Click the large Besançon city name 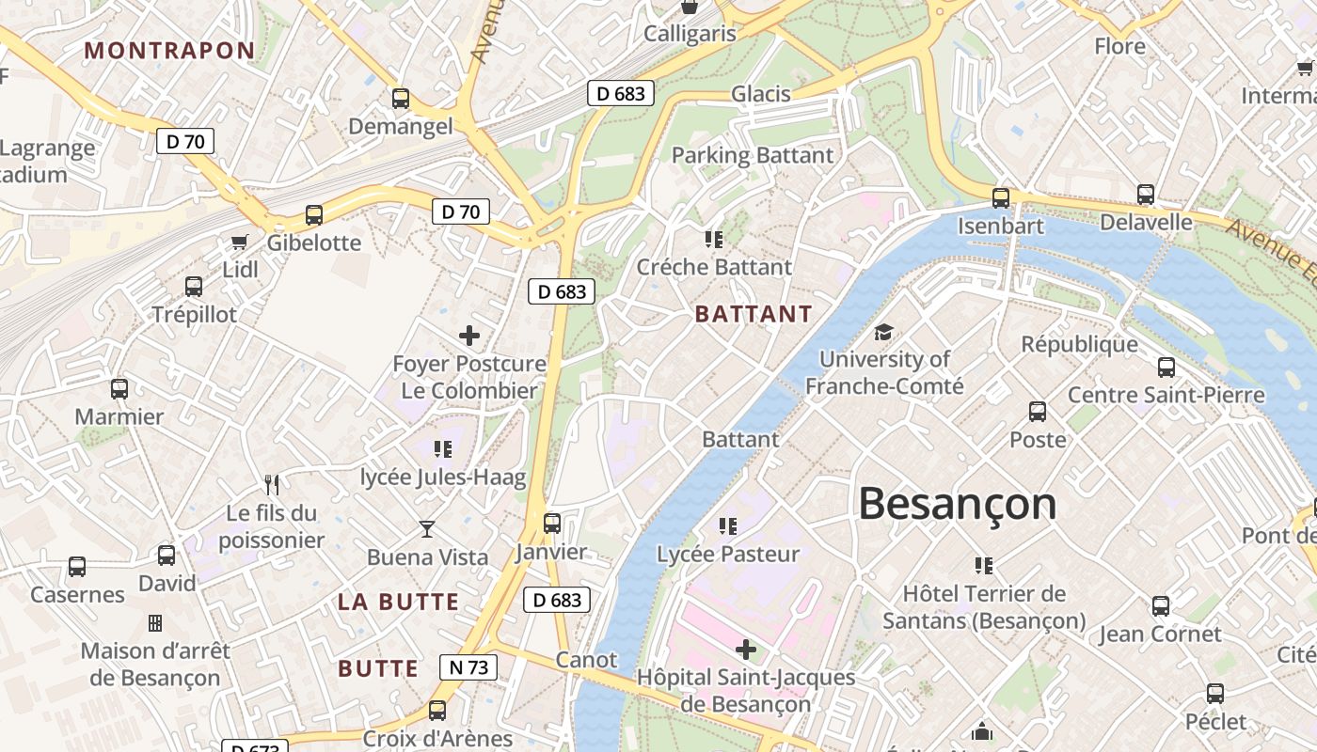pos(957,505)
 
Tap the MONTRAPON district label pos(169,51)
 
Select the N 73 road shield pos(468,667)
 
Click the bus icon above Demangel pos(401,99)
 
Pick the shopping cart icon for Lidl pos(240,243)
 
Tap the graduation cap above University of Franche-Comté pos(883,332)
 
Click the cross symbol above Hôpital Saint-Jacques pos(746,650)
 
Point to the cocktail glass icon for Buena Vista pos(427,529)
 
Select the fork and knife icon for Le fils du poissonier pos(272,485)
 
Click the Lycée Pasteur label pos(728,554)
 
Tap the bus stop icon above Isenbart pos(1001,198)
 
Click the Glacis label pos(760,94)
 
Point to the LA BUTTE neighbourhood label pos(398,603)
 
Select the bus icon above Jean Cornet pos(1161,606)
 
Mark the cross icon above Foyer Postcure pos(468,336)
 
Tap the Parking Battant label pos(752,155)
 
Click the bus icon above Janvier pos(552,524)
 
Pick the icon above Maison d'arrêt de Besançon pos(155,623)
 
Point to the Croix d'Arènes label pos(437,739)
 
